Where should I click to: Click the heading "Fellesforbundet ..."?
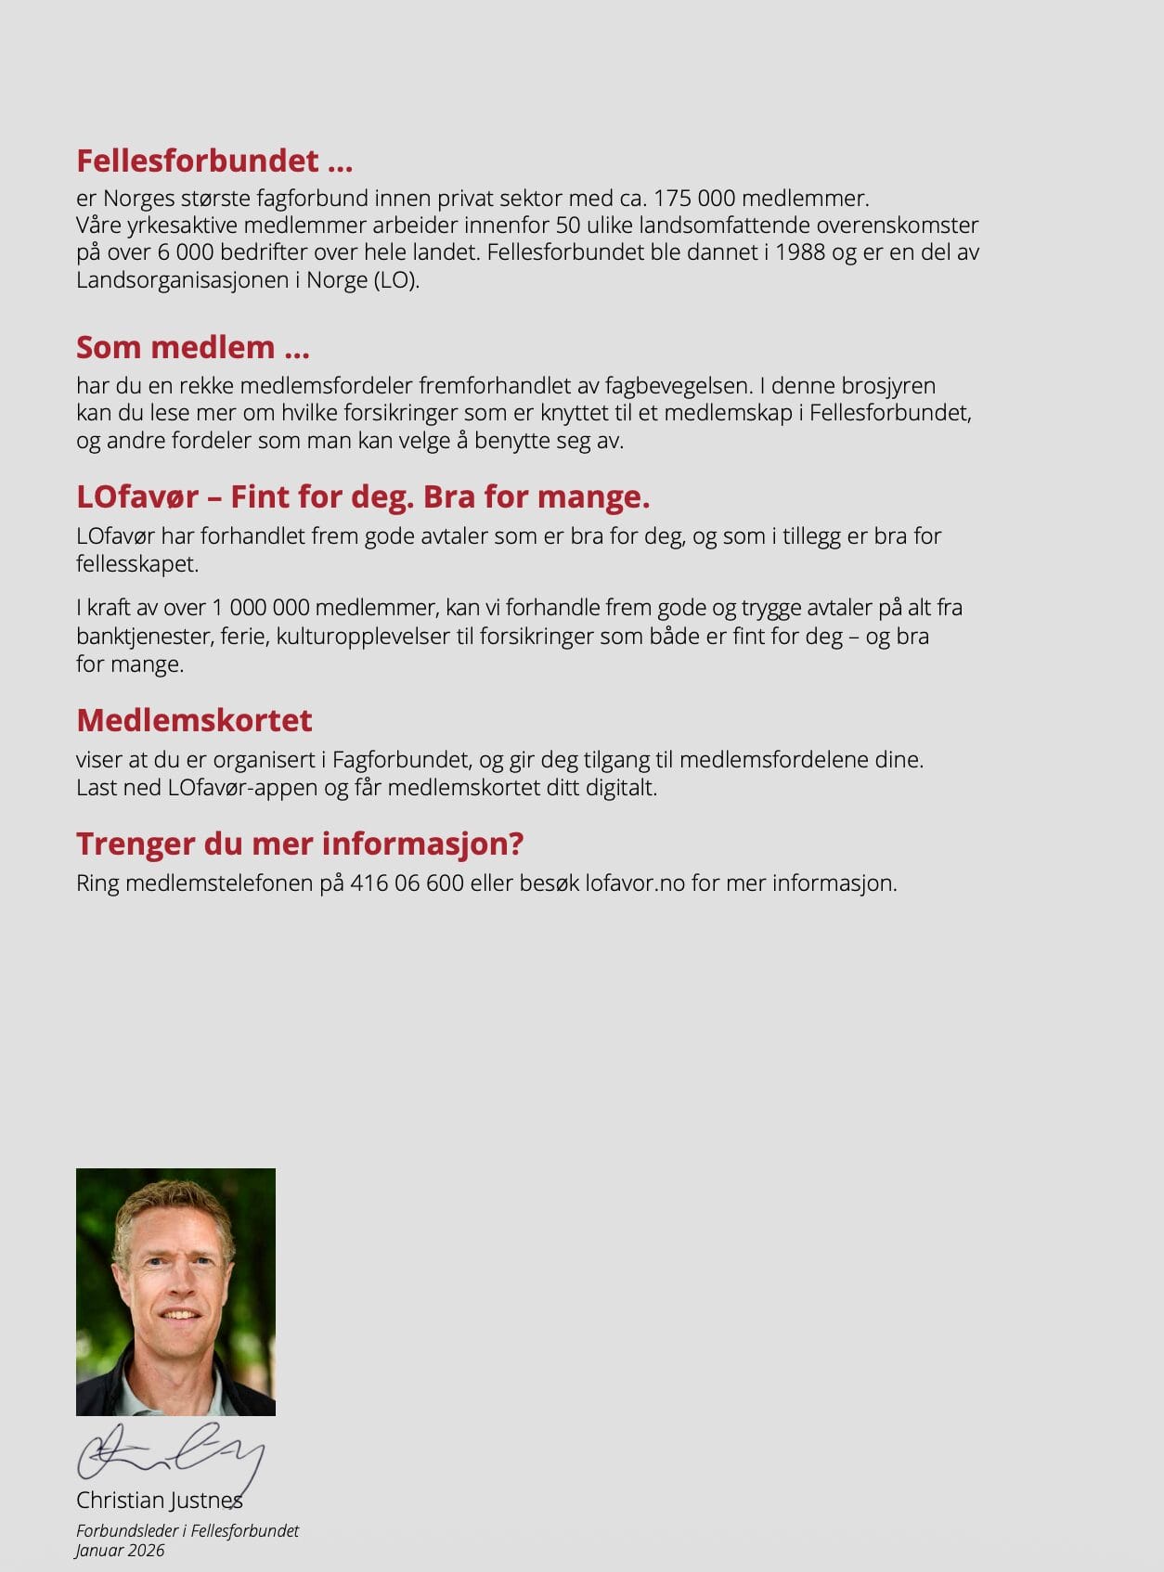(x=214, y=161)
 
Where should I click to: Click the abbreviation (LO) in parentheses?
(x=397, y=280)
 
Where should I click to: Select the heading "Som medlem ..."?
(x=193, y=347)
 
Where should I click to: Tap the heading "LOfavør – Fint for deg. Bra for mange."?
(x=363, y=496)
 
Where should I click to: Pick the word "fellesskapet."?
(x=137, y=564)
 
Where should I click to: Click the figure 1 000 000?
(x=261, y=608)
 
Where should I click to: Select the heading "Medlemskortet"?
(x=194, y=720)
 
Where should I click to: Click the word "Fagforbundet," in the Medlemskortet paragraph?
(x=402, y=760)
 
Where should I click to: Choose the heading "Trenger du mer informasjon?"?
(x=300, y=844)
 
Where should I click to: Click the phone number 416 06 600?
(x=407, y=883)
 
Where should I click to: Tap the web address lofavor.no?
(x=635, y=883)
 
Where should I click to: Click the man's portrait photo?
(x=175, y=1292)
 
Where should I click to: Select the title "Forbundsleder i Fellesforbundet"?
(x=188, y=1531)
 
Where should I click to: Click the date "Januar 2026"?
(x=121, y=1551)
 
